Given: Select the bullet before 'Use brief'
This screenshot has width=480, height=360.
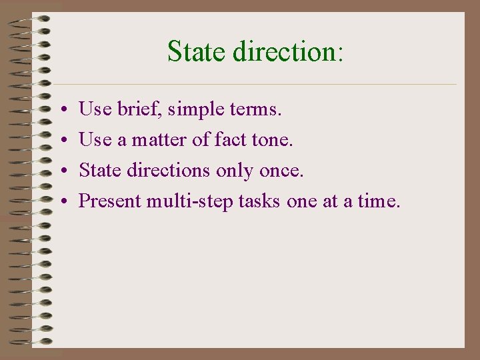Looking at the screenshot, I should coord(61,109).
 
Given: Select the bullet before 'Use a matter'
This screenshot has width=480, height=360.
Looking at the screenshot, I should coord(61,141).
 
